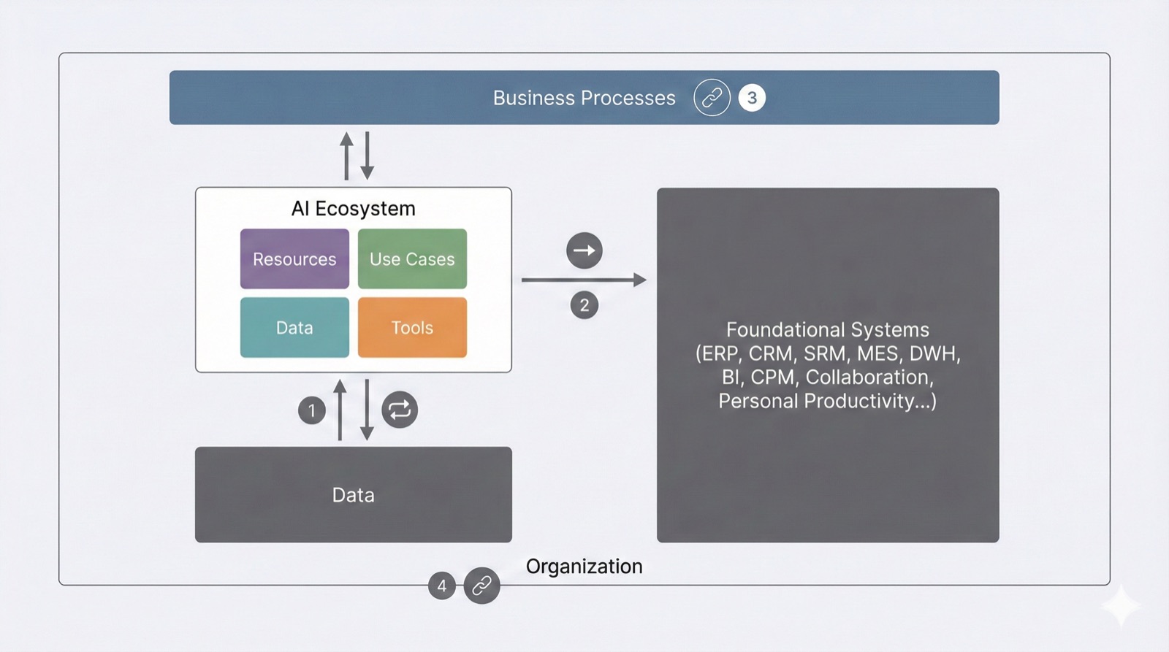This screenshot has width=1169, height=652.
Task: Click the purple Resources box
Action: click(294, 259)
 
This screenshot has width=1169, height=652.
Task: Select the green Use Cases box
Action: click(412, 259)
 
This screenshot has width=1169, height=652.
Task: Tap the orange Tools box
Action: click(412, 328)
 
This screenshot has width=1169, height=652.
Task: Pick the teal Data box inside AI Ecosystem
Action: click(294, 328)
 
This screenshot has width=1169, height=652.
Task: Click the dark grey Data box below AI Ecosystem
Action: click(353, 495)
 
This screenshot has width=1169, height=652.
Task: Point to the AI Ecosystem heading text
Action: click(353, 209)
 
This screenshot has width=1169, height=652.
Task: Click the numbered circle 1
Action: click(312, 410)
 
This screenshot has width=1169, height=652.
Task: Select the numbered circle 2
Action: click(584, 305)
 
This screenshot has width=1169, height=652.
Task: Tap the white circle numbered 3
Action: click(752, 98)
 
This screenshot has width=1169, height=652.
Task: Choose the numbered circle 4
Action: click(441, 586)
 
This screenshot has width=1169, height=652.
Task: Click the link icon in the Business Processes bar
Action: click(712, 98)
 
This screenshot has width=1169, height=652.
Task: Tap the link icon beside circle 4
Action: click(481, 586)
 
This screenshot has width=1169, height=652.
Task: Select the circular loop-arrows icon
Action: click(400, 410)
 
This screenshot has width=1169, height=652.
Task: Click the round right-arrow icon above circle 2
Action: click(584, 250)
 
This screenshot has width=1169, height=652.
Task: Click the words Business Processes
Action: click(584, 98)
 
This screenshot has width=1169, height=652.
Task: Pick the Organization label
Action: click(584, 567)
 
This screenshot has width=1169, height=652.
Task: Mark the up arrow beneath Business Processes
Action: click(346, 156)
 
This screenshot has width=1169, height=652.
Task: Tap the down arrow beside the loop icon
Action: click(367, 410)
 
